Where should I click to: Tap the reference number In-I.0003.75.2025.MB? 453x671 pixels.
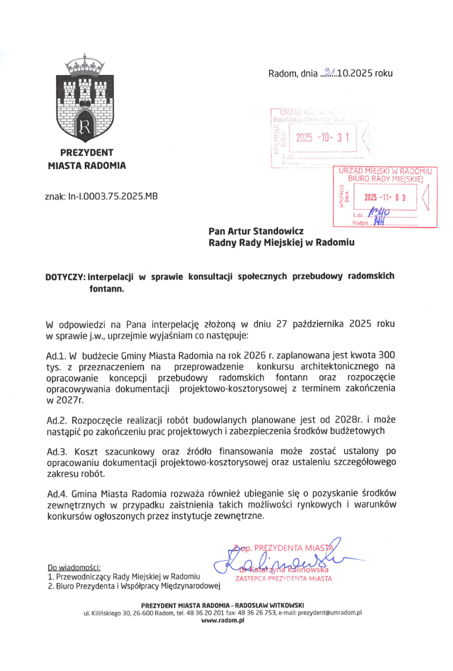[113, 196]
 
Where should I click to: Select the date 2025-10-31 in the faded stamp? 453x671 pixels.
[322, 138]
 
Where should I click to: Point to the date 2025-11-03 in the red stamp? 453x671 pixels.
[385, 197]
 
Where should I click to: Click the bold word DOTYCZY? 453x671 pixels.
[65, 277]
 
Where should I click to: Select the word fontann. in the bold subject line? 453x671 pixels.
[107, 289]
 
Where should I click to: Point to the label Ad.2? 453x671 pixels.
[57, 420]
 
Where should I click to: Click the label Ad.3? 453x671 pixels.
[57, 452]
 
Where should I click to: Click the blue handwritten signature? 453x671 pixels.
[284, 559]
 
